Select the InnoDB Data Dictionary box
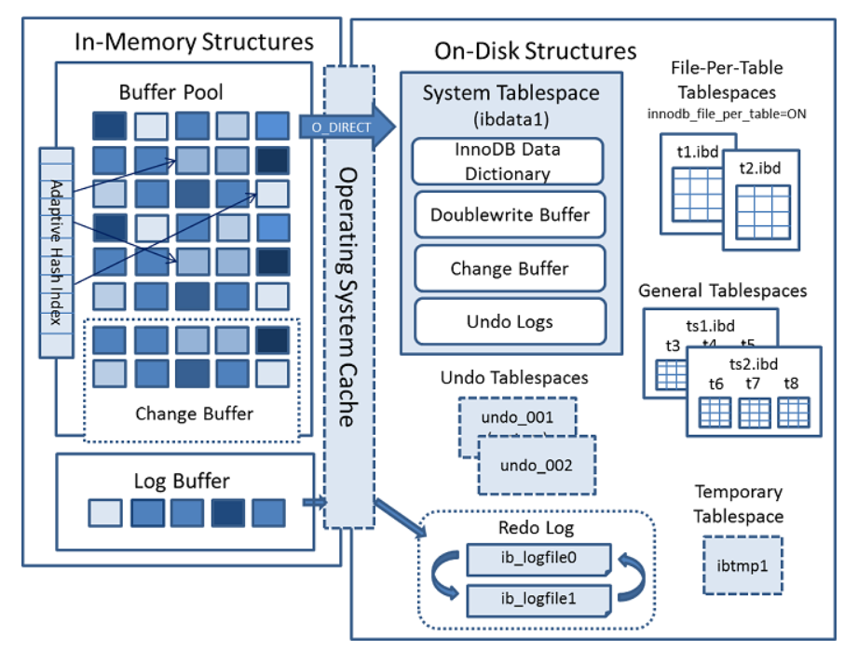point(508,160)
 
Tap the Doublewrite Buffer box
point(509,215)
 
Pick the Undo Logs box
point(509,322)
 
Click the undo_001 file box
point(517,416)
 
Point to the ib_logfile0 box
point(538,561)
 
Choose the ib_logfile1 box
point(538,598)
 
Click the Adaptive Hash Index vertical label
point(56,251)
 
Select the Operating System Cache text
point(349,298)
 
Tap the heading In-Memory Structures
point(194,42)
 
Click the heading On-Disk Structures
point(536,50)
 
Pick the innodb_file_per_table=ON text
point(727,114)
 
